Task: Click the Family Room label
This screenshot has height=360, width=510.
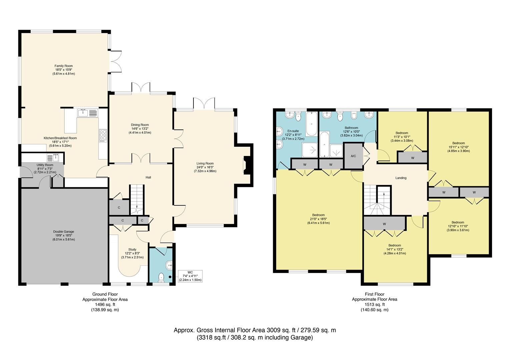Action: [63, 66]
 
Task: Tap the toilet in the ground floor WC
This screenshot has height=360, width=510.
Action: [161, 277]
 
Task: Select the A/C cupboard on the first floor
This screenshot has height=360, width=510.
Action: [353, 156]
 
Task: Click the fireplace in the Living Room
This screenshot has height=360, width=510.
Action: [246, 165]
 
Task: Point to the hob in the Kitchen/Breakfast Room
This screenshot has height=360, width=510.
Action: [103, 135]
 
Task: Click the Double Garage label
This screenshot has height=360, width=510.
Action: [63, 231]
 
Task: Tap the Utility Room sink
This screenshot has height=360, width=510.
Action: [53, 157]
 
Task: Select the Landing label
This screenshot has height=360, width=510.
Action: [401, 178]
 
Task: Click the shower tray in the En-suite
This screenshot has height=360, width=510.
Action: [310, 150]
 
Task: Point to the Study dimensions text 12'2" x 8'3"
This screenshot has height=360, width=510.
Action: [132, 253]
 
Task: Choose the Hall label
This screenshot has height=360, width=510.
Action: [148, 177]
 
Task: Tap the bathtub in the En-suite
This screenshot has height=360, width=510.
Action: [312, 124]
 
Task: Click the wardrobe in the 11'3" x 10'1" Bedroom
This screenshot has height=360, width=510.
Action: [412, 158]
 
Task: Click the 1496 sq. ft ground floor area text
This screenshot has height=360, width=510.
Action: [105, 305]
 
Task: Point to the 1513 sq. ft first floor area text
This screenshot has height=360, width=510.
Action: [374, 305]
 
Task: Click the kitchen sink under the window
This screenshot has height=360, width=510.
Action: [88, 113]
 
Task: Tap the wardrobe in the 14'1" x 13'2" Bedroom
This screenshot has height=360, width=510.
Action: [384, 224]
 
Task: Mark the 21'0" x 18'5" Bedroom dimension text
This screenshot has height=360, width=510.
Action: [318, 219]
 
